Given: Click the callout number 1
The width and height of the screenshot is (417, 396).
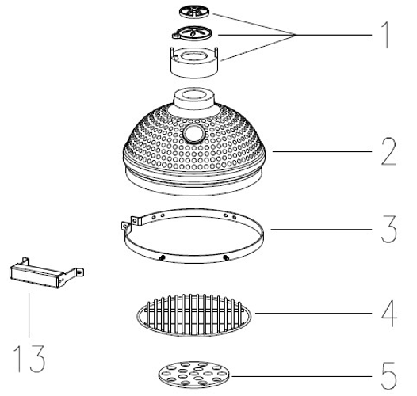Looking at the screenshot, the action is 386,35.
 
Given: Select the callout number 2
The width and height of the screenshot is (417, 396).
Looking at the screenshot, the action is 388,152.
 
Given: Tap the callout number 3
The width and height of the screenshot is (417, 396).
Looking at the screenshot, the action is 389,229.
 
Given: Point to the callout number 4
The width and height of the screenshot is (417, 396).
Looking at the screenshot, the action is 389,314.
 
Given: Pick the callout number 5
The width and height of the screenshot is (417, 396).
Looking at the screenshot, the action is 389,376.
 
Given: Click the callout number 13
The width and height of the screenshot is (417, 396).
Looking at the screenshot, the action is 29,359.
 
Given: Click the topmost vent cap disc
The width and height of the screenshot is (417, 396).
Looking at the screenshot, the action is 194,12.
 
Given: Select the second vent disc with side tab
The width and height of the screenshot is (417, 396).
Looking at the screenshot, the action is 193,33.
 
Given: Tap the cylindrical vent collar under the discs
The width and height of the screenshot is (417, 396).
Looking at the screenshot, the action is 194,63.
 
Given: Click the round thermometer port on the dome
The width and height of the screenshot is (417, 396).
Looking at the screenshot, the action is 194,134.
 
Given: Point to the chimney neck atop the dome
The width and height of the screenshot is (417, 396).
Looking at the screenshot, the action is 194,99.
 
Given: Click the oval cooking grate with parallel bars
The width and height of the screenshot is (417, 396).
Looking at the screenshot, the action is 194,315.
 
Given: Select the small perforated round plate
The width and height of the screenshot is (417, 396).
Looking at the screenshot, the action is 194,375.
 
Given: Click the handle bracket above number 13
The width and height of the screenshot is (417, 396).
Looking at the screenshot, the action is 47,273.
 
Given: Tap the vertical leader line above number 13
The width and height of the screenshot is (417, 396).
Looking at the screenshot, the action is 29,315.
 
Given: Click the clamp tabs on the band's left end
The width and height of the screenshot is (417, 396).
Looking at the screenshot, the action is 130,223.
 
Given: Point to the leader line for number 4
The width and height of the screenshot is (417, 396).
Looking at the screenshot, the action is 314,314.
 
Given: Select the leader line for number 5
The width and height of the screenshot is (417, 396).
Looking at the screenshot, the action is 301,376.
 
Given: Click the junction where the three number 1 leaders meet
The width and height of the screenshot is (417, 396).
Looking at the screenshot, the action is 296,35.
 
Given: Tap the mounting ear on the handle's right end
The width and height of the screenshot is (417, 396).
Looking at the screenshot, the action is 78,272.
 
